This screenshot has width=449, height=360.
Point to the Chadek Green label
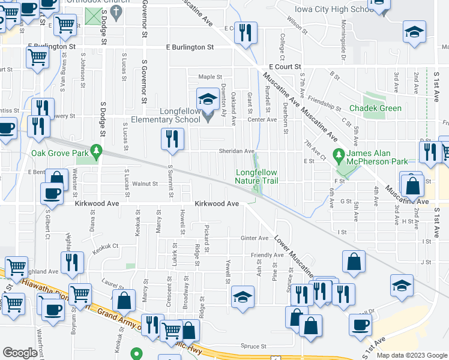pyautogui.click(x=372, y=109)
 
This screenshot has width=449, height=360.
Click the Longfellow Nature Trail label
pyautogui.click(x=256, y=176)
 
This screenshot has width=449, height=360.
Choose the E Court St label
pyautogui.click(x=284, y=67)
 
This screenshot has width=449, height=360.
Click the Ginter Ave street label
pyautogui.click(x=255, y=238)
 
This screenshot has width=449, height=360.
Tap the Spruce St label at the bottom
pyautogui.click(x=254, y=346)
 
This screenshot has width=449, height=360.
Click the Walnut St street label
pyautogui.click(x=145, y=184)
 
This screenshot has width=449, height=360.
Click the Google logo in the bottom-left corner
pyautogui.click(x=20, y=353)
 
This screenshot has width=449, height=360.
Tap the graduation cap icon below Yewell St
pyautogui.click(x=242, y=297)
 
